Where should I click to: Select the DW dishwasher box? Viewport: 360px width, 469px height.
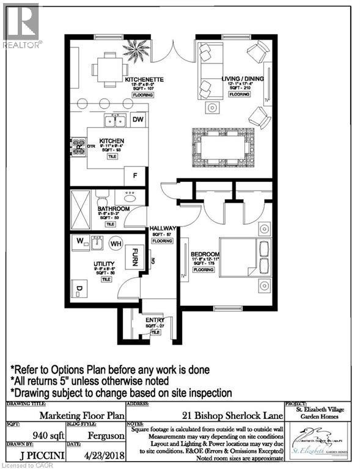(x=138, y=120)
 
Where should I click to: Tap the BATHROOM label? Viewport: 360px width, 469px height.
(x=114, y=209)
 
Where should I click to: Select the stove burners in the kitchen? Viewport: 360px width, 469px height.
(x=79, y=146)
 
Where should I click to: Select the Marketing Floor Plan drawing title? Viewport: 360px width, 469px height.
(x=65, y=413)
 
